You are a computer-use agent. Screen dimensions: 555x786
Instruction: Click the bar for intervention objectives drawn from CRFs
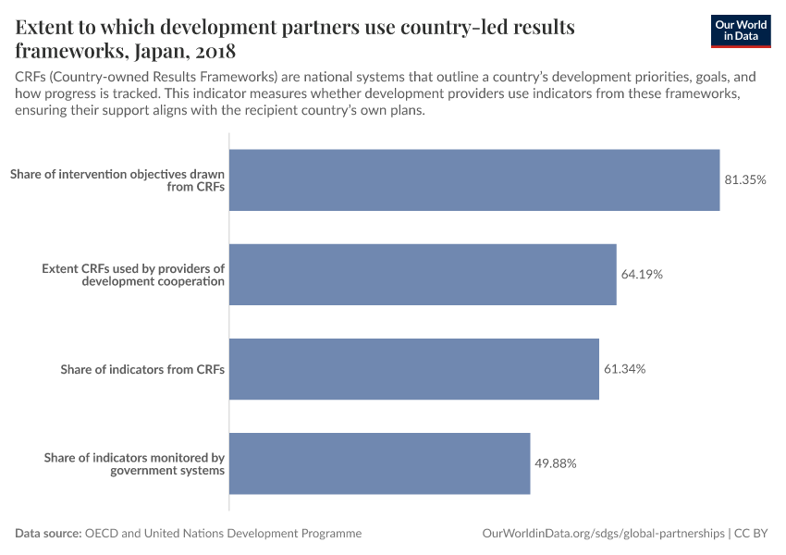pos(473,179)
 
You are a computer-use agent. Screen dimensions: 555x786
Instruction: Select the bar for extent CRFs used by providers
pos(422,274)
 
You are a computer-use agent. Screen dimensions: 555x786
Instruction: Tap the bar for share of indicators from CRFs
pos(413,368)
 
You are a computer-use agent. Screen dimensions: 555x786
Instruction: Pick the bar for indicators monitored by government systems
pos(379,462)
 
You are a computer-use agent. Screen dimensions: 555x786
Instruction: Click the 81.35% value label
pos(745,179)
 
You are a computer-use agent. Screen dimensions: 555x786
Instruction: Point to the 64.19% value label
pos(642,275)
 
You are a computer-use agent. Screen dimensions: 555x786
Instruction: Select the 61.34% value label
pos(624,369)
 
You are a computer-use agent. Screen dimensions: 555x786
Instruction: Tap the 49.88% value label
pos(556,463)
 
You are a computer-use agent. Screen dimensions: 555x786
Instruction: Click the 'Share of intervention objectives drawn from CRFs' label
pos(117,179)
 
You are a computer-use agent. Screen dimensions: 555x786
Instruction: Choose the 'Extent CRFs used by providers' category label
pos(133,275)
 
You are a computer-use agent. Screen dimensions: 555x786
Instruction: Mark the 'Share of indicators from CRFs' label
pos(142,369)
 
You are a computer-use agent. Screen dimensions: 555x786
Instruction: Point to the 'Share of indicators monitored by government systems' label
pos(134,463)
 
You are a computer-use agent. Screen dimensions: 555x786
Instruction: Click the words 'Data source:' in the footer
pos(48,534)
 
